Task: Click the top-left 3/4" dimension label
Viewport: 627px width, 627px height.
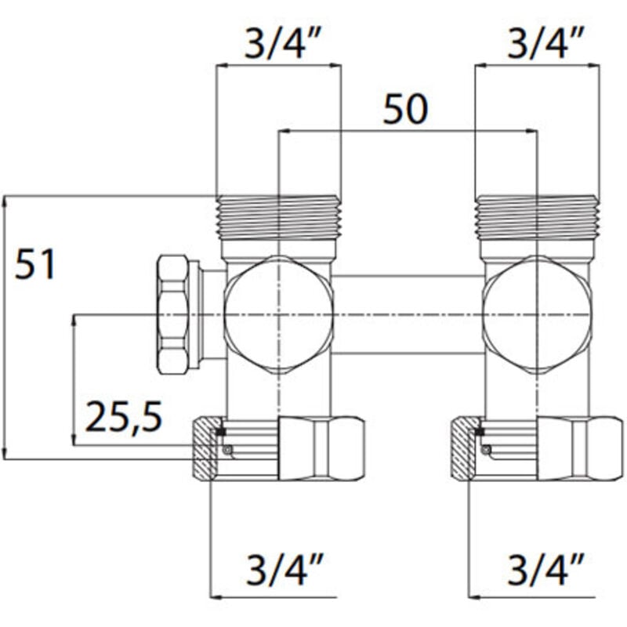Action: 277,45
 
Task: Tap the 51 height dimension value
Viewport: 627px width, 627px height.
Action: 36,266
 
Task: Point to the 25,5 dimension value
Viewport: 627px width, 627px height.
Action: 123,418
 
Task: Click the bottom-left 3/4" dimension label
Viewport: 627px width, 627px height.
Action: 277,567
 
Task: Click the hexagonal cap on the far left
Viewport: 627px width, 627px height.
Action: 173,313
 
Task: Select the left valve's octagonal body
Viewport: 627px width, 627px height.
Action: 279,314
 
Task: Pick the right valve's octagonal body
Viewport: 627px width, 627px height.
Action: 536,314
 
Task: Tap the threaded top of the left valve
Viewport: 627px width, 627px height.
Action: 278,217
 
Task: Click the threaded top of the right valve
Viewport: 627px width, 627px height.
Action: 538,217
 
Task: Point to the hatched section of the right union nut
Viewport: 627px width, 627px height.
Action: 466,450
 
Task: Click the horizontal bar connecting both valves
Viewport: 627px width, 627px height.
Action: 408,314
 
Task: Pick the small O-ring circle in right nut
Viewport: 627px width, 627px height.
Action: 487,450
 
